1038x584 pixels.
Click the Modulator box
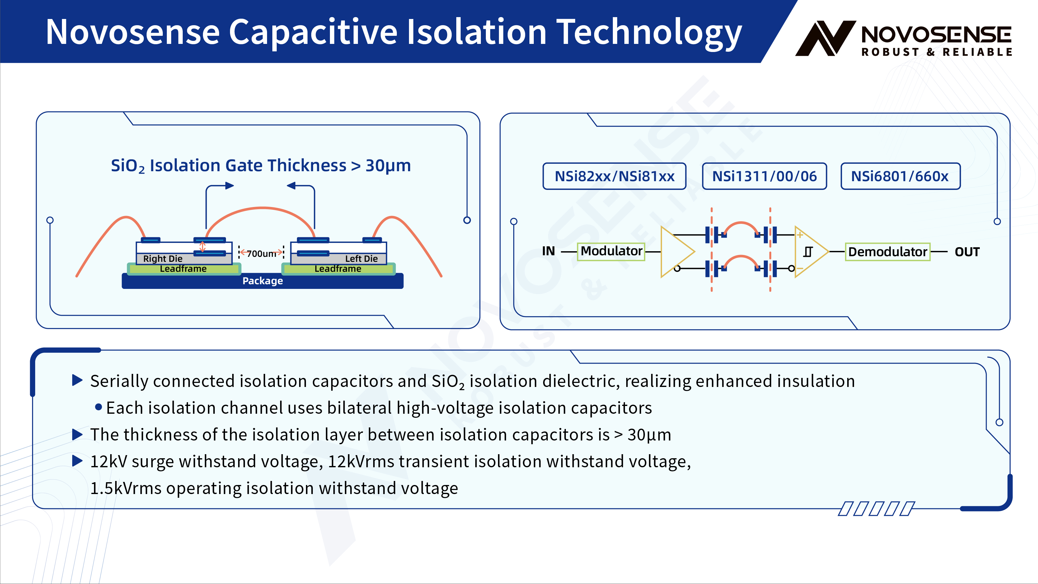pos(611,252)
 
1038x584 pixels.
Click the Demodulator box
pos(887,252)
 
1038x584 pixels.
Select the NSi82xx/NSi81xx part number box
pos(614,176)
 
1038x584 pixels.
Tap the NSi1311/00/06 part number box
pos(764,176)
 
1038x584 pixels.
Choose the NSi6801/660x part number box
pos(900,176)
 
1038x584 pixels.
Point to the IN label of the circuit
pos(548,251)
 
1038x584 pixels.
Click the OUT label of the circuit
pos(967,252)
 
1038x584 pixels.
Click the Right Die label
pos(163,258)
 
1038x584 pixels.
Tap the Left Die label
pos(361,258)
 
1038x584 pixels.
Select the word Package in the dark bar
pos(262,281)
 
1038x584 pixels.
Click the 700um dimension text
pos(261,253)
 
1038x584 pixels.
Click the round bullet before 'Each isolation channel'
pos(98,407)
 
